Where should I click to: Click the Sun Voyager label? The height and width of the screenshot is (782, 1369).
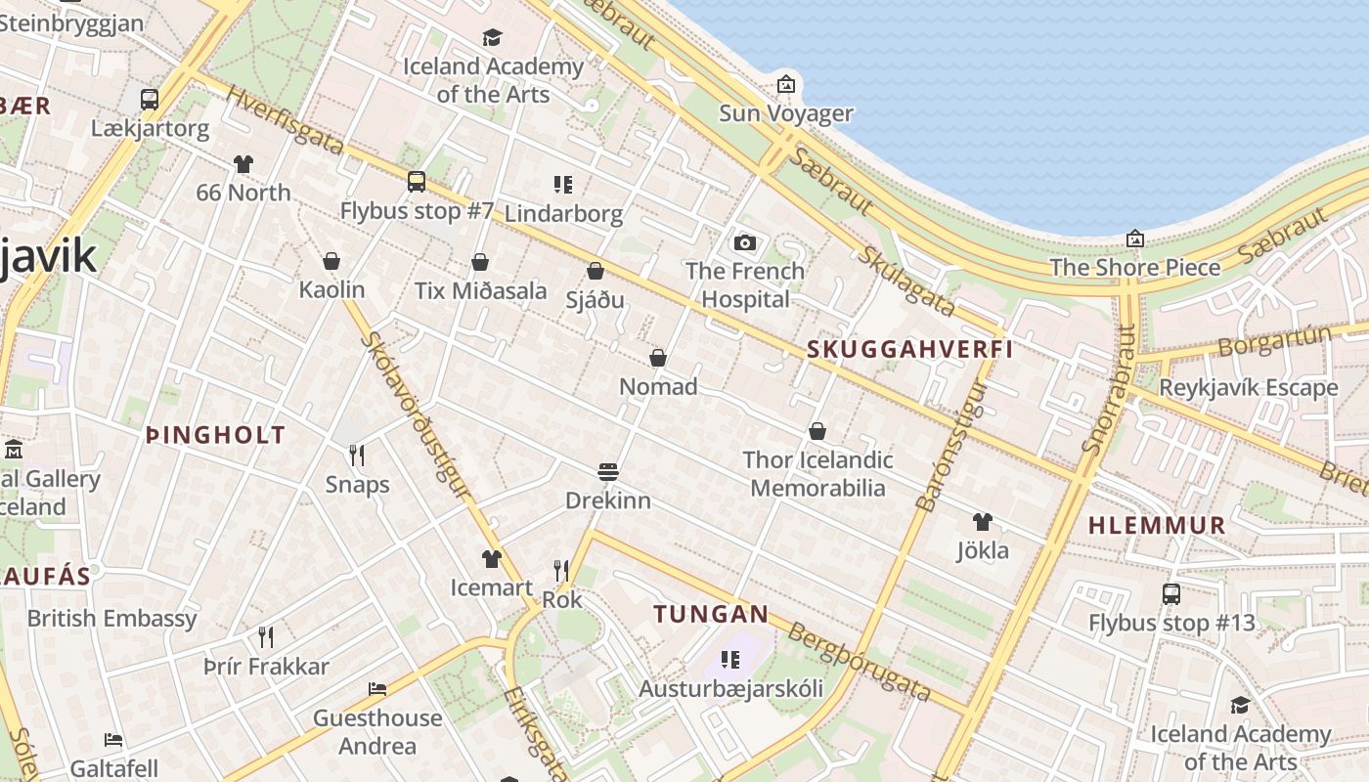click(786, 113)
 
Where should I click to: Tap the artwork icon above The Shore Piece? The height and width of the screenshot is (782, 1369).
click(1134, 239)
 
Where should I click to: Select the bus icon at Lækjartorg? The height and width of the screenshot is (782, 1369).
click(150, 99)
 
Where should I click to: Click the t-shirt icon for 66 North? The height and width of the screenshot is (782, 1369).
click(243, 164)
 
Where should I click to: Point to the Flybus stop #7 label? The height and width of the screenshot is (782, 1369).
click(417, 210)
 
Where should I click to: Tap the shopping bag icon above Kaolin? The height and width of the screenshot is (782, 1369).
click(331, 261)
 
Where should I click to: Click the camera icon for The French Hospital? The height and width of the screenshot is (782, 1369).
click(745, 242)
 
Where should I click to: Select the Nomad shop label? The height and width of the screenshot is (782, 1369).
click(658, 387)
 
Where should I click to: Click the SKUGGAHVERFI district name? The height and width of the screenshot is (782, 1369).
click(909, 350)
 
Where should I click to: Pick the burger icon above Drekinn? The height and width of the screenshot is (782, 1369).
click(608, 472)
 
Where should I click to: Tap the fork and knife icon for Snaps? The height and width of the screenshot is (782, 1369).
click(357, 455)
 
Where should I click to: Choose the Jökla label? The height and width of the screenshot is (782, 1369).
click(982, 550)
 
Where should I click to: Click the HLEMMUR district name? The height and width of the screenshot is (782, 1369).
click(1157, 525)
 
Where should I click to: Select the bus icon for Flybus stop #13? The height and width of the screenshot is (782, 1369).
click(1170, 593)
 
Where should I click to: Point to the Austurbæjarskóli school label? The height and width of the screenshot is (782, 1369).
click(730, 688)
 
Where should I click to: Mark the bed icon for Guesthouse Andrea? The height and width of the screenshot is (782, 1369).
click(377, 689)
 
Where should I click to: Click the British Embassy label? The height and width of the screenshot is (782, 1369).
click(111, 619)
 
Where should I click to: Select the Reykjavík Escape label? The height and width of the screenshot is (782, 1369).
click(1247, 387)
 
